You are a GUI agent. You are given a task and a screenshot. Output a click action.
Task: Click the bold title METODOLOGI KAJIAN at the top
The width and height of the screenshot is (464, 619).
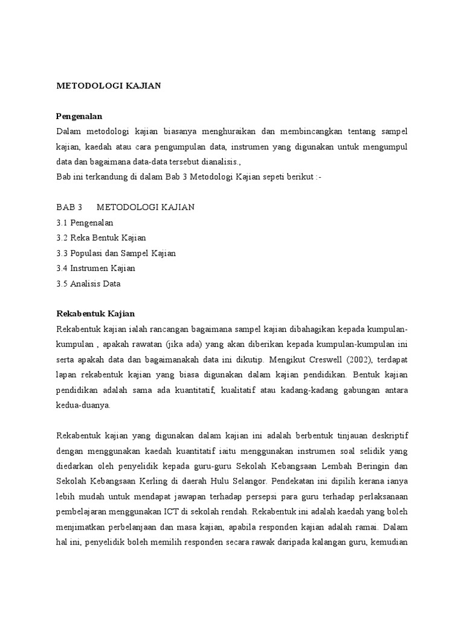[109, 86]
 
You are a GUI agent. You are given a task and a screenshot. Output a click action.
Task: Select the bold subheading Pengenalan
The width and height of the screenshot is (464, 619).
[79, 115]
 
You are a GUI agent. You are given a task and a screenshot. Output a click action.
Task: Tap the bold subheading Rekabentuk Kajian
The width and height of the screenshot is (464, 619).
[95, 314]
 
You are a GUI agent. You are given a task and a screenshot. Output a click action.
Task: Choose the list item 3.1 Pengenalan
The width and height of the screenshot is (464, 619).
[85, 222]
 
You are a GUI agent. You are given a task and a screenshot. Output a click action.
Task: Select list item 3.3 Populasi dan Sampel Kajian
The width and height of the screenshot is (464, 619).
[116, 253]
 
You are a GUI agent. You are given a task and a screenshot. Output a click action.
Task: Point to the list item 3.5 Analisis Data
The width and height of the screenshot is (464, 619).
[88, 283]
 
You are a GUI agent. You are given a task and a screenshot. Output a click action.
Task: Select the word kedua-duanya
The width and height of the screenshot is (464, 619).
[83, 406]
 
